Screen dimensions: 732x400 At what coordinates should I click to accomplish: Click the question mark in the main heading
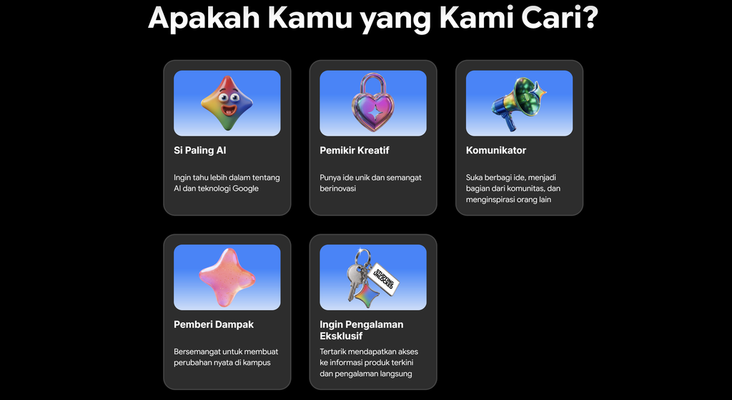coord(590,17)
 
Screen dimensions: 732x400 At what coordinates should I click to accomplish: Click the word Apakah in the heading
coord(204,17)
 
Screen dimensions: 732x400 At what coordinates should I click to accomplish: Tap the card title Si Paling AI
coord(200,150)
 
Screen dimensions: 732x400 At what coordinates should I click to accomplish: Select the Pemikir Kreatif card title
coord(355,150)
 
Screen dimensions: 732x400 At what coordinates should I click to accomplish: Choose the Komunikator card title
coord(496,150)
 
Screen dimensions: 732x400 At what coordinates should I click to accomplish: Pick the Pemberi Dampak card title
coord(214,324)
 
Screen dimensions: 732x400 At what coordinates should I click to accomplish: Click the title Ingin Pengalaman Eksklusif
coord(361,330)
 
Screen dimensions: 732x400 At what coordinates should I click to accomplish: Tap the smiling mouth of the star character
coord(229,110)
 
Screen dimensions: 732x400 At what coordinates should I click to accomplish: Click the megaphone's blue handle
coord(510,123)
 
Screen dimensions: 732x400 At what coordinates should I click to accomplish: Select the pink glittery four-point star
coord(227,277)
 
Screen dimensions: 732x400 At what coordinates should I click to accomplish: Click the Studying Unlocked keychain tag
coord(383,279)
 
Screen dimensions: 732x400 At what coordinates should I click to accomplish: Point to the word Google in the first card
coord(246,189)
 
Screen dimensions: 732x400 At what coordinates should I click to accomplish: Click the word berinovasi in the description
coord(338,189)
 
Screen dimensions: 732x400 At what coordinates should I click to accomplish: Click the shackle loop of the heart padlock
coord(372,84)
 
